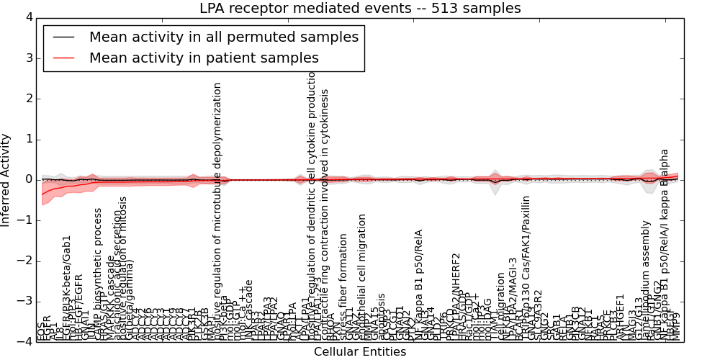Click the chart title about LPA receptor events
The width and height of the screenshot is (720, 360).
(x=360, y=9)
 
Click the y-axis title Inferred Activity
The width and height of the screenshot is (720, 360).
(x=6, y=179)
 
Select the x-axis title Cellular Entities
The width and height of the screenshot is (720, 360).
(x=360, y=352)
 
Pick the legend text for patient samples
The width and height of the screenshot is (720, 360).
(x=204, y=58)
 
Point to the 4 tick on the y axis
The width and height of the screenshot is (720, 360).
(x=28, y=17)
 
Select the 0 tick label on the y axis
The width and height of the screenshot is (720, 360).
(x=28, y=179)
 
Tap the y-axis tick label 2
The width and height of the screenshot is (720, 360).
(x=28, y=99)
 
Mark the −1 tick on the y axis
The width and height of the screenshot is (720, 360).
(x=25, y=220)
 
